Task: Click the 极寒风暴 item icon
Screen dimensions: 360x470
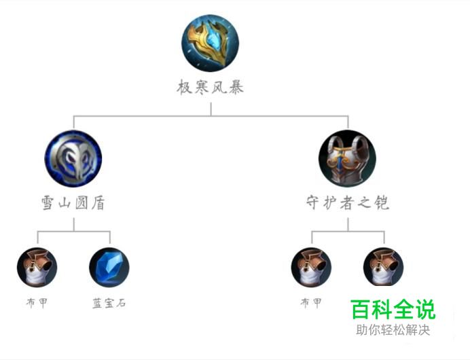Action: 211,43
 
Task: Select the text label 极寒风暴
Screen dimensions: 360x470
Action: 211,87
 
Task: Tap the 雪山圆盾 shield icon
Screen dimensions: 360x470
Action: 73,158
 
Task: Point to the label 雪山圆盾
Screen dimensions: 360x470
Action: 73,203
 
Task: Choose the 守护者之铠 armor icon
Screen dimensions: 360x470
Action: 347,158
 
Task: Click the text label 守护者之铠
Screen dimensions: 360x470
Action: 347,203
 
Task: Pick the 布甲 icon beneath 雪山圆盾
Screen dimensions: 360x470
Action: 37,267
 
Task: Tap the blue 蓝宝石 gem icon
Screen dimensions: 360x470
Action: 109,267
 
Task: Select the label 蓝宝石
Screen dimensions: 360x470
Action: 109,303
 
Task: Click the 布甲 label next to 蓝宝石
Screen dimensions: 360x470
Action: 37,303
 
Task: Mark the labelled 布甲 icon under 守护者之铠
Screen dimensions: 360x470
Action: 311,267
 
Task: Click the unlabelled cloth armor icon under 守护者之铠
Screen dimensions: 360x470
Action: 383,267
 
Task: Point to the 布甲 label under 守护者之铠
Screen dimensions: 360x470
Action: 311,303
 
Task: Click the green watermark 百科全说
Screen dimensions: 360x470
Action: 392,310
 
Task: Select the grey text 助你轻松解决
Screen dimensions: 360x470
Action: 393,331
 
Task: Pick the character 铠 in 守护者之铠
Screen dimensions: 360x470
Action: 382,203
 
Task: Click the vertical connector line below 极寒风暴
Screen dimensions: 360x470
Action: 211,109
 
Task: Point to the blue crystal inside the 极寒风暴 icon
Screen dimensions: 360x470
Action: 213,41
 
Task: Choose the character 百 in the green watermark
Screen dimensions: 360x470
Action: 361,310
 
